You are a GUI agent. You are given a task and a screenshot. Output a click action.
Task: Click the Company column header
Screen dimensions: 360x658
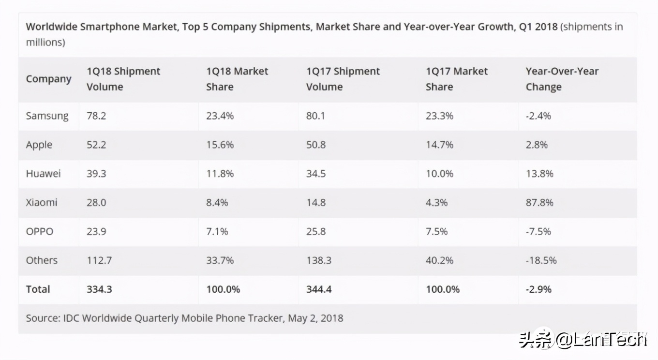[48, 79]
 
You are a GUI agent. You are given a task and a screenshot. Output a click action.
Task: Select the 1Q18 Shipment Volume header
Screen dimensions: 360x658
[123, 79]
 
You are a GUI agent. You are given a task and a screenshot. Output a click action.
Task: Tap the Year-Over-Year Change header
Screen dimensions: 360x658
[562, 79]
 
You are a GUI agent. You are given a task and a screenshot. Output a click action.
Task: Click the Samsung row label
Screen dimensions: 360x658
[47, 116]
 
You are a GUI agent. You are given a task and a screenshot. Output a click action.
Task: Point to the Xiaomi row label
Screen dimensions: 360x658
[42, 202]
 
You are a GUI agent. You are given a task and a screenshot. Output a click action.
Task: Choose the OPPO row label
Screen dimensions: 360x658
[40, 231]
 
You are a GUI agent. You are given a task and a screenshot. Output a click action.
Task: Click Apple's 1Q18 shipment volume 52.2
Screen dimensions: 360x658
[96, 145]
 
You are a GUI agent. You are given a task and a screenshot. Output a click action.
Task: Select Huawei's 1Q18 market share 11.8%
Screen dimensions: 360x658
[220, 174]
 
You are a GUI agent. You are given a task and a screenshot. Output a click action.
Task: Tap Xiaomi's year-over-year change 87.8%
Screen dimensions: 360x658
[539, 202]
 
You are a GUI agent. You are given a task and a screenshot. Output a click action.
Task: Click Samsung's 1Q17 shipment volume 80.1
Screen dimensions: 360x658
[315, 116]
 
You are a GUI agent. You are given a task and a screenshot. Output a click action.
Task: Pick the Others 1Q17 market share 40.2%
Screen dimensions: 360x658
[439, 260]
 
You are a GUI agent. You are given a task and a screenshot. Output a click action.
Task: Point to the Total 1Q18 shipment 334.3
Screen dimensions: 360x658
[99, 289]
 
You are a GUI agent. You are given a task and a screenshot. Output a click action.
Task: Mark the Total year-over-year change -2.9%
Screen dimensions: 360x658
[538, 289]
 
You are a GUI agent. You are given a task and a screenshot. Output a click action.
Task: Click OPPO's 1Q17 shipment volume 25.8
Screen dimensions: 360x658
[315, 231]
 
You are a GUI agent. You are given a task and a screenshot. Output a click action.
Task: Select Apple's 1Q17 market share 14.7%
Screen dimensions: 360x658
[439, 145]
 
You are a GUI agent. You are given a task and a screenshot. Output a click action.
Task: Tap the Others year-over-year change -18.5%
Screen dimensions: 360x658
[541, 260]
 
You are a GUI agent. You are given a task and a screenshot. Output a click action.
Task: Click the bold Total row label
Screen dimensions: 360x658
[38, 289]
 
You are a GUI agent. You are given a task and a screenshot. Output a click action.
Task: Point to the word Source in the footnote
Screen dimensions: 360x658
[42, 318]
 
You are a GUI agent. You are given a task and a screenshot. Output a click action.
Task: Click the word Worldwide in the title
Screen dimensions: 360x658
[51, 27]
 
